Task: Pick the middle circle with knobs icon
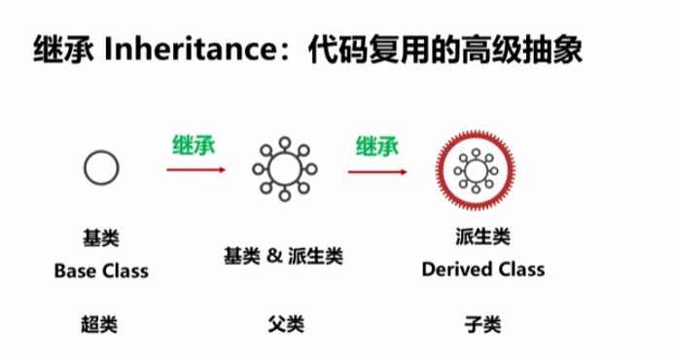click(x=283, y=169)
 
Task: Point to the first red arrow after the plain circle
click(x=195, y=169)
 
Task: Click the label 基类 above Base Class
click(x=101, y=238)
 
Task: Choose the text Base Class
click(x=101, y=270)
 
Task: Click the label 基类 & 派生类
click(x=283, y=256)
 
